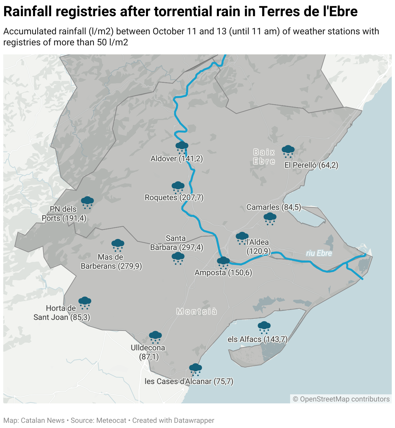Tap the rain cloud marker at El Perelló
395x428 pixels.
[288, 151]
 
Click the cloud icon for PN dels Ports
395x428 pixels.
[87, 202]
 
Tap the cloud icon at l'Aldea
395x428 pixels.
[242, 238]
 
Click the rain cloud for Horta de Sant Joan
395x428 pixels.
[85, 302]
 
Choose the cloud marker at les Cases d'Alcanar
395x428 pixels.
[195, 369]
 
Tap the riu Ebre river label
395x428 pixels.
[319, 253]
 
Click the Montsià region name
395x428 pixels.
[197, 311]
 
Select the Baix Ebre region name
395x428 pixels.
[264, 157]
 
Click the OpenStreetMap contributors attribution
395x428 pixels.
[341, 399]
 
